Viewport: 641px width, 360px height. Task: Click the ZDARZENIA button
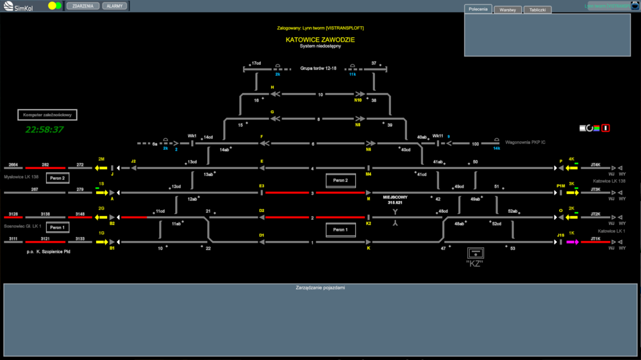tap(83, 6)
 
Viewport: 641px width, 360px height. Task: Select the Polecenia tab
tap(478, 9)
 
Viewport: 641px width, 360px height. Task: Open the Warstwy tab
tap(507, 10)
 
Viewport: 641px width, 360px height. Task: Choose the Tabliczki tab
tap(537, 10)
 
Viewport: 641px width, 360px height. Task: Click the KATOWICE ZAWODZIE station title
tap(320, 40)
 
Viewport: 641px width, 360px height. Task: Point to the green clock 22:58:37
tap(44, 129)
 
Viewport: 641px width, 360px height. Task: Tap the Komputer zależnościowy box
tap(47, 115)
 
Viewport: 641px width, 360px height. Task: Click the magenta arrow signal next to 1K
tap(572, 242)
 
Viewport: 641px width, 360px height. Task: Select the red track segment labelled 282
tap(45, 168)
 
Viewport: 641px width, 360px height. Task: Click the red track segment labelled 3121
tap(45, 242)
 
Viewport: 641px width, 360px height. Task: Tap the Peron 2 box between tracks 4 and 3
tap(340, 181)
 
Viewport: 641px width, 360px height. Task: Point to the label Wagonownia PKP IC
tap(526, 142)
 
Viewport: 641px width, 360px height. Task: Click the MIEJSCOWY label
tap(395, 197)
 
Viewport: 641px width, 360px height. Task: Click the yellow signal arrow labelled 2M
tap(101, 168)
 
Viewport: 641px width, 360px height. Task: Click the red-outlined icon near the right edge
tap(606, 128)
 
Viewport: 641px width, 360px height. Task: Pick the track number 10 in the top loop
tap(320, 94)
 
